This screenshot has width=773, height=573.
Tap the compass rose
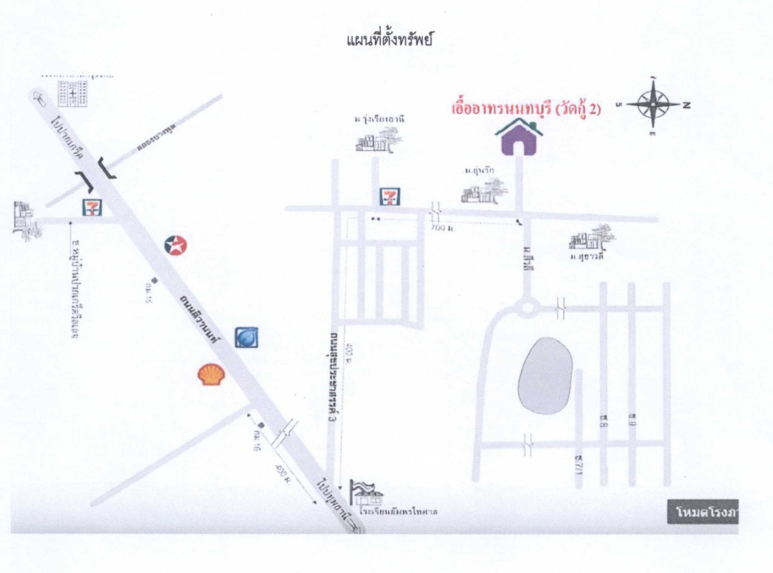[x=654, y=105]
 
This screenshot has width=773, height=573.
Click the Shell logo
[x=210, y=374]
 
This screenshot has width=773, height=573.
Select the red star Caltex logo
[x=175, y=246]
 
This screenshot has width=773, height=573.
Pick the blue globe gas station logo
[x=246, y=337]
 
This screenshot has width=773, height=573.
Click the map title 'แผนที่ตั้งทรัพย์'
[x=389, y=40]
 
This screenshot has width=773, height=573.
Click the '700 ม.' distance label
[x=443, y=228]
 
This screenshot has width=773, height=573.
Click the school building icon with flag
[x=366, y=493]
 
